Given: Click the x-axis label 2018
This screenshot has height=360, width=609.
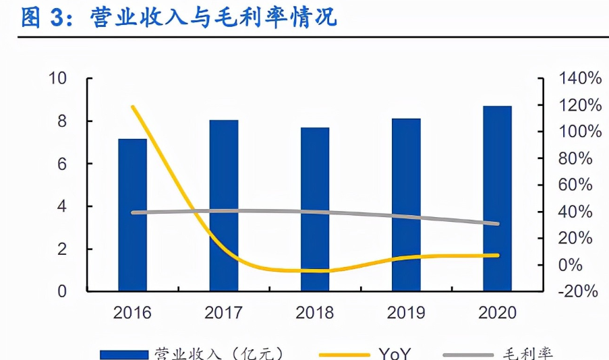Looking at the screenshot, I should point(315,313).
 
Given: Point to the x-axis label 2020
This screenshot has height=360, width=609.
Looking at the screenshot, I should point(497,313).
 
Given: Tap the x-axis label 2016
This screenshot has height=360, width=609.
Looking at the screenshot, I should point(132,313).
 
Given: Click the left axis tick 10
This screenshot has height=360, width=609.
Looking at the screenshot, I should point(58,79).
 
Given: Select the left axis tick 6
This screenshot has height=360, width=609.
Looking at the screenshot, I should point(62,164).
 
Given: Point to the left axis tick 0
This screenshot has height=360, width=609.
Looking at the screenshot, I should point(62,292).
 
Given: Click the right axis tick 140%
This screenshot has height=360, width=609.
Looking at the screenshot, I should point(580,79).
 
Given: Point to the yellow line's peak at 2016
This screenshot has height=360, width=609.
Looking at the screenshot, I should point(133,107).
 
